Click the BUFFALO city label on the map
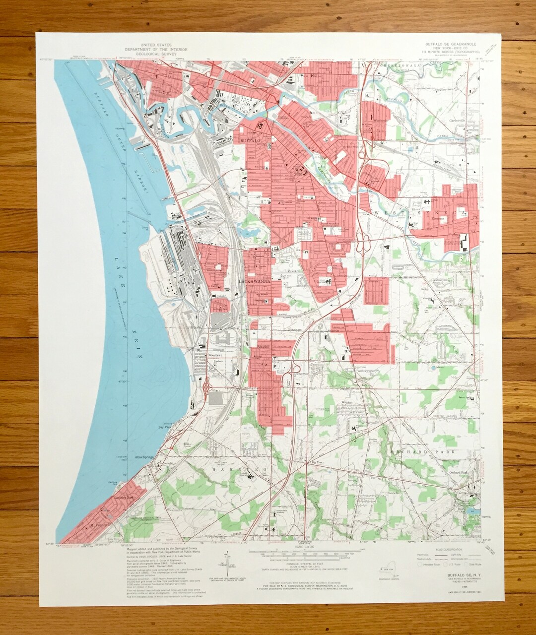(250, 141)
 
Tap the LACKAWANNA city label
(255, 281)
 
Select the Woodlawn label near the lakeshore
(215, 356)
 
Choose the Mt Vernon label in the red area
(98, 524)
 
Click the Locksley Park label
(124, 498)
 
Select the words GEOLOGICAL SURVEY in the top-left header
(148, 54)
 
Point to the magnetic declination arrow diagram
(228, 564)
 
